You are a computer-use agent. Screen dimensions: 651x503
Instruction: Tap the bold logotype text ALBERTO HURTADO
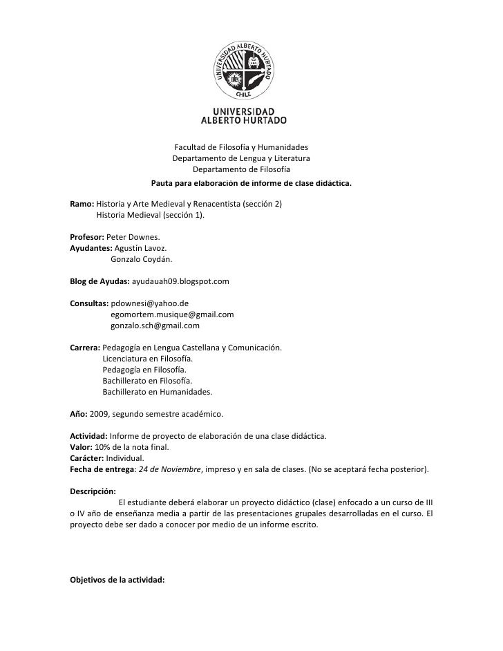pos(243,120)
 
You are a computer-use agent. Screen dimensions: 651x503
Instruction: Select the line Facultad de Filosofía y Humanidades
pos(241,147)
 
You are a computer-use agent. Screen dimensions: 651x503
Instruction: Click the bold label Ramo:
pos(82,205)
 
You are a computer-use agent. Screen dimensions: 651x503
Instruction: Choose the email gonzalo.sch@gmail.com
pos(155,325)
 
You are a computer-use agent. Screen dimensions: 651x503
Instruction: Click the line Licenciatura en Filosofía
pos(148,359)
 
